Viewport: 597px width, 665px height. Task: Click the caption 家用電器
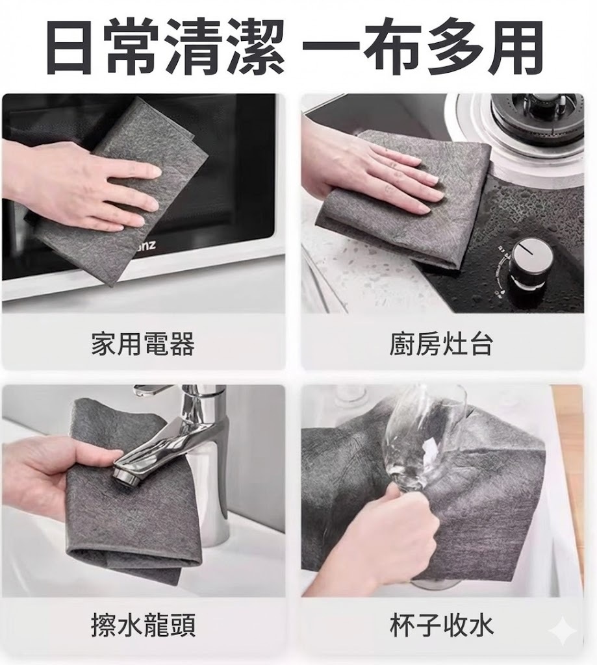142,344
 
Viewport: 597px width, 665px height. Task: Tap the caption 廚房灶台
441,344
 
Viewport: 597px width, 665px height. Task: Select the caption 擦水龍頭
143,625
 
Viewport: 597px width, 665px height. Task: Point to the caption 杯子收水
442,625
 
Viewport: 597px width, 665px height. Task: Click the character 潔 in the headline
255,46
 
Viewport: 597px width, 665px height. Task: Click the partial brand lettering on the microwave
147,245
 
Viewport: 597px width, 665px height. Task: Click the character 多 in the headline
456,46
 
